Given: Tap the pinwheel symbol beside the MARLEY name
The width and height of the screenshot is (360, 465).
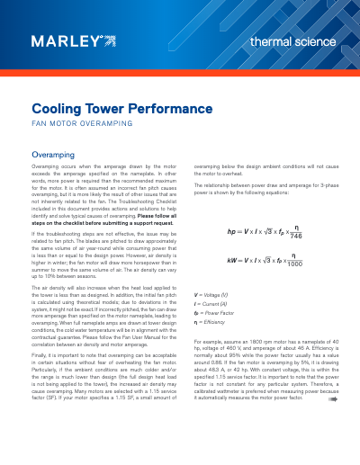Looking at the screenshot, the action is point(109,40).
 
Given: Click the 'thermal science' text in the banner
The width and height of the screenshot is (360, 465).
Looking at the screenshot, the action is point(292,42).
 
